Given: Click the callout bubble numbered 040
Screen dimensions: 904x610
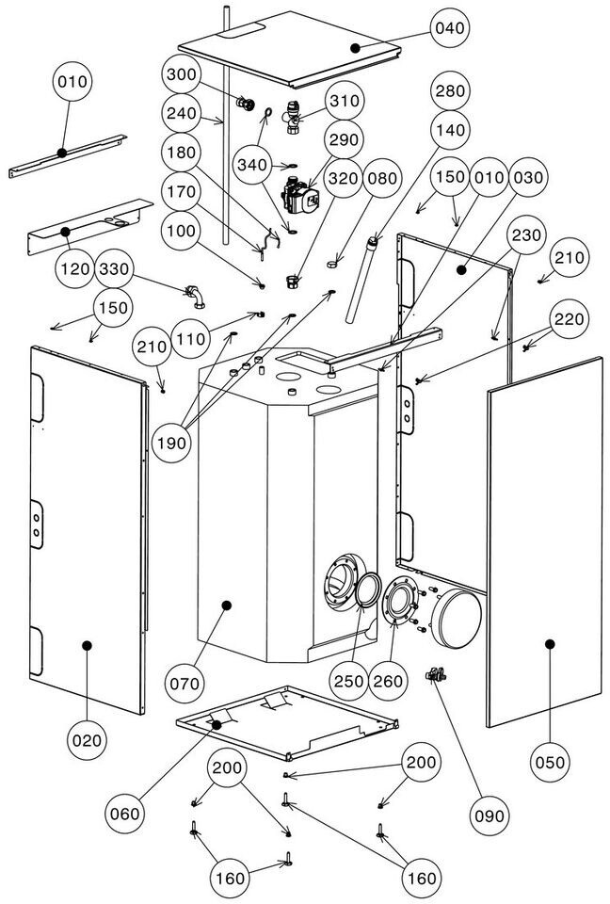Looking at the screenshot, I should tap(450, 28).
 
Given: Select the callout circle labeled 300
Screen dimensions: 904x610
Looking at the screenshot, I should tap(185, 74).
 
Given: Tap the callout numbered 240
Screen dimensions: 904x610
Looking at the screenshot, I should tap(185, 113).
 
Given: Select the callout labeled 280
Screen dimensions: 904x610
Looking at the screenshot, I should tap(450, 92).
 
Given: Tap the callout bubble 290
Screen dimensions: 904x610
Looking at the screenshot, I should tap(345, 139).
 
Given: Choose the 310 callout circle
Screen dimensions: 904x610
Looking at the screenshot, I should tap(345, 100).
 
